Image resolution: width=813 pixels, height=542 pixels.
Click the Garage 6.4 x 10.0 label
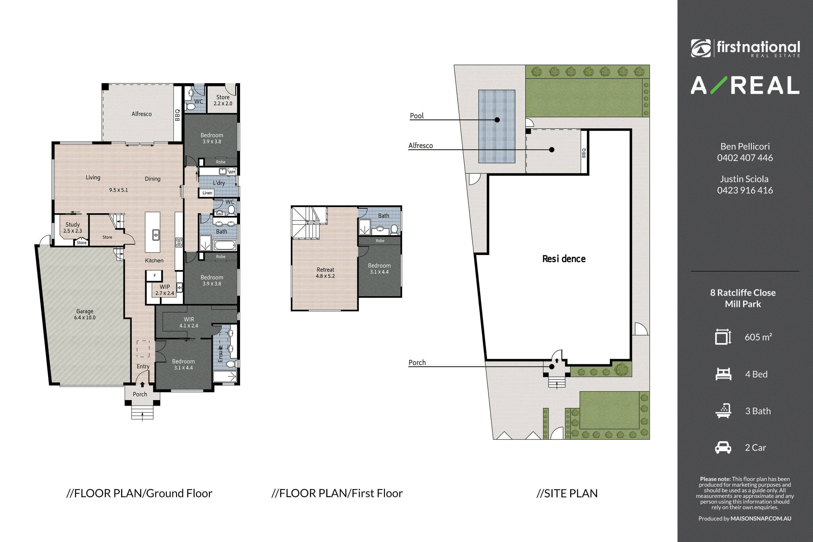click(x=85, y=314)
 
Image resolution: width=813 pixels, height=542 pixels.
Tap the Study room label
click(x=73, y=224)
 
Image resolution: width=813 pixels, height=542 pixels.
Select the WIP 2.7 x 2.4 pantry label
click(x=165, y=290)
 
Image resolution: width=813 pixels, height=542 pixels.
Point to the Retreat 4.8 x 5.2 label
click(x=325, y=273)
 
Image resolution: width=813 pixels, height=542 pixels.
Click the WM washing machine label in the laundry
click(x=232, y=172)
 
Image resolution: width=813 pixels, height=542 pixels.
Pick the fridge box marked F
click(x=154, y=276)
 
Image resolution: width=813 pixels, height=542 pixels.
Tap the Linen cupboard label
click(x=207, y=193)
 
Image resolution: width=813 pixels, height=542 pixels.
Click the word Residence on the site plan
click(x=564, y=259)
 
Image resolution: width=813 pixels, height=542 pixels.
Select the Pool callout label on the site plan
click(x=417, y=116)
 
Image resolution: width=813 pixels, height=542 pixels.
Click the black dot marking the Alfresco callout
click(x=552, y=150)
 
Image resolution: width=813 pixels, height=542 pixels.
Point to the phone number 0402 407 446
click(x=745, y=158)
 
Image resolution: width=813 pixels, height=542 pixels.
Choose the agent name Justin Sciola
click(x=744, y=179)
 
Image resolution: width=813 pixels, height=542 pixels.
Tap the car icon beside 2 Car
click(x=723, y=447)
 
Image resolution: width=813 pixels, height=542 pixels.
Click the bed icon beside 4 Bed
click(x=723, y=374)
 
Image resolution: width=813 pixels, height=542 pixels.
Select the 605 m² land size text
click(x=758, y=337)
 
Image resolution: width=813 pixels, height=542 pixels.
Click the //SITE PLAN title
click(x=567, y=493)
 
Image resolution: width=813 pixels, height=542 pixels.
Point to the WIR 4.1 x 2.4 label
click(x=189, y=322)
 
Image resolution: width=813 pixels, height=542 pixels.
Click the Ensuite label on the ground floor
click(x=220, y=353)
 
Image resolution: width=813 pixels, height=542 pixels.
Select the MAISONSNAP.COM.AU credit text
click(x=761, y=518)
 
